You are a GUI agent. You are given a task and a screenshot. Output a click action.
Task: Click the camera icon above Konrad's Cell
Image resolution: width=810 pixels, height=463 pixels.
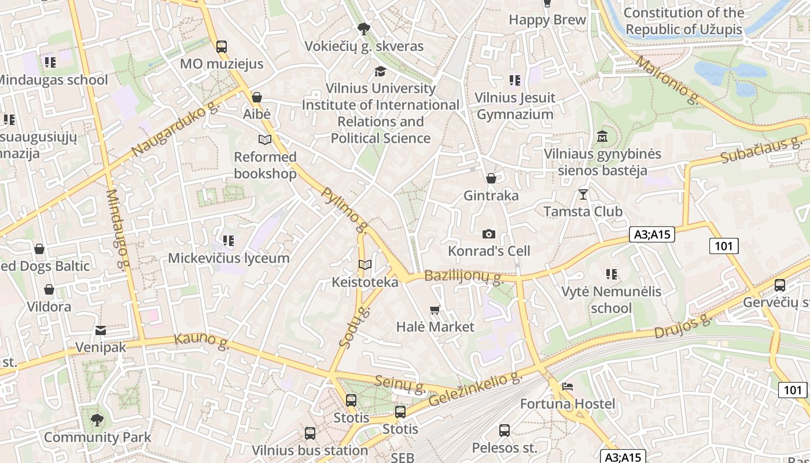point(489,234)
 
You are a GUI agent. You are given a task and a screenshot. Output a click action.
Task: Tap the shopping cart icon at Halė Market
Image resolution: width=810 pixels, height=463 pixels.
point(435,310)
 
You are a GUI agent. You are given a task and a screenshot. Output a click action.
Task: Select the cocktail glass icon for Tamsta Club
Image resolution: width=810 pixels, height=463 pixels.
point(583,194)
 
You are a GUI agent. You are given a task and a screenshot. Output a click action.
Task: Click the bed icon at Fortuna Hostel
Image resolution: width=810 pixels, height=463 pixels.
point(568,386)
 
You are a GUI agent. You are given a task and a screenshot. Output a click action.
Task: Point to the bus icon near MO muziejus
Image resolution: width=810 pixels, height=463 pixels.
point(221,47)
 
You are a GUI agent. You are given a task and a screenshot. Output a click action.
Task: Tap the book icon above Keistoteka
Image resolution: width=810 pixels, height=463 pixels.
point(365,265)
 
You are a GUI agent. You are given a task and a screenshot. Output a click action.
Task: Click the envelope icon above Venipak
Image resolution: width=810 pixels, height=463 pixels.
point(101,330)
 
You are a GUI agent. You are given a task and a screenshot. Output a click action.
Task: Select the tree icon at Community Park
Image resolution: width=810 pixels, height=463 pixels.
point(97,420)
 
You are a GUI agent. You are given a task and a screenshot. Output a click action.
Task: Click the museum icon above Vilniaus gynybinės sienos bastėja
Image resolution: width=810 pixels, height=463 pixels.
point(602,137)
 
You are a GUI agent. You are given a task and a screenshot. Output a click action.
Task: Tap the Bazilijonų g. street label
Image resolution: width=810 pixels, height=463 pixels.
point(463,277)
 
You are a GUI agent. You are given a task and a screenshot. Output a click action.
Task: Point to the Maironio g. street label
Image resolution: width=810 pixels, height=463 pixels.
point(667,80)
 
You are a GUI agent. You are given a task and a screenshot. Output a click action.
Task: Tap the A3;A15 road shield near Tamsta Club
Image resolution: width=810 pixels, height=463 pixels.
point(652,234)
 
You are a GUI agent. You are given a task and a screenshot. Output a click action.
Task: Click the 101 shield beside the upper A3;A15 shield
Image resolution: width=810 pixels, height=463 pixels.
point(724,246)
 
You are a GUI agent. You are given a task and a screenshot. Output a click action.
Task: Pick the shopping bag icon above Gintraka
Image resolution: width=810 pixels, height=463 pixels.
point(491,178)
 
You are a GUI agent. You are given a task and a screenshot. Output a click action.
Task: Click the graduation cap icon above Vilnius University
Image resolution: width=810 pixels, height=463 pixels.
point(380,71)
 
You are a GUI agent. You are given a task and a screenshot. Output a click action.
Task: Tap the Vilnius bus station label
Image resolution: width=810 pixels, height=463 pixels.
point(310,450)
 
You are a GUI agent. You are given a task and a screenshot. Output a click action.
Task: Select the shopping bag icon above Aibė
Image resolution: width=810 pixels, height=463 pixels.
point(257,97)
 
